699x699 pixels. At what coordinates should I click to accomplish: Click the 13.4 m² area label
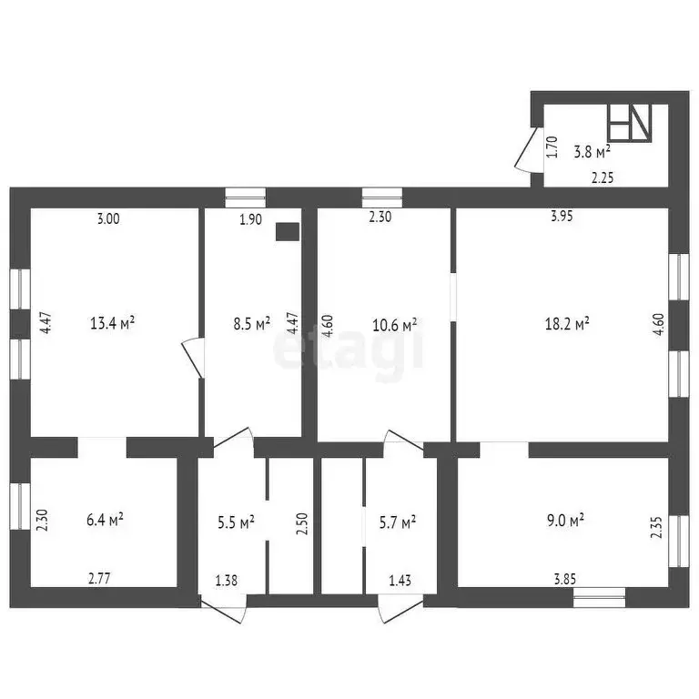[x=112, y=323]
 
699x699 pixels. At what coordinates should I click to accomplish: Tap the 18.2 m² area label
[x=567, y=323]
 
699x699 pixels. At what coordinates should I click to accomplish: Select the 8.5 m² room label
[x=252, y=323]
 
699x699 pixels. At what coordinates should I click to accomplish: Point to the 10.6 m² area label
[x=394, y=325]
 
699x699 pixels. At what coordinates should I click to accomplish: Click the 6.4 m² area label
[x=105, y=520]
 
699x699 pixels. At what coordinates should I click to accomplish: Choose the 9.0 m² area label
[x=566, y=520]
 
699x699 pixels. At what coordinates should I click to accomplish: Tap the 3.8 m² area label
[x=592, y=152]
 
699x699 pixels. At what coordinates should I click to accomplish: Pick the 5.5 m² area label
[x=236, y=522]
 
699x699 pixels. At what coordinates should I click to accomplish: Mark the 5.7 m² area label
[x=398, y=522]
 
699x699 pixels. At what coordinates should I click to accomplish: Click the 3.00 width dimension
[x=108, y=218]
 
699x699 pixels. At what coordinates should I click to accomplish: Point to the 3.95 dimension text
[x=562, y=217]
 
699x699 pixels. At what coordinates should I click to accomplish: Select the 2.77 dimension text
[x=99, y=579]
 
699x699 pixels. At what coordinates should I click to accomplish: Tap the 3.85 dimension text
[x=565, y=579]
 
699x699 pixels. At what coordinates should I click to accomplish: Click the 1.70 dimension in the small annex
[x=552, y=147]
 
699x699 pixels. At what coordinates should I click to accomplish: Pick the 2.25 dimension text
[x=603, y=177]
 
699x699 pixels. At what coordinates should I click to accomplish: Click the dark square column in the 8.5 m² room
[x=288, y=232]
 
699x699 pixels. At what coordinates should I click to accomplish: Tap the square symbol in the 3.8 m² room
[x=630, y=124]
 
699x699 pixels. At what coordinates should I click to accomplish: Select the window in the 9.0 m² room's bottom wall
[x=599, y=598]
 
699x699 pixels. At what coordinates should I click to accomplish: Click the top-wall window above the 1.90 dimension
[x=245, y=198]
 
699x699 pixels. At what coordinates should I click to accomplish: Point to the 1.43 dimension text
[x=400, y=581]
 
